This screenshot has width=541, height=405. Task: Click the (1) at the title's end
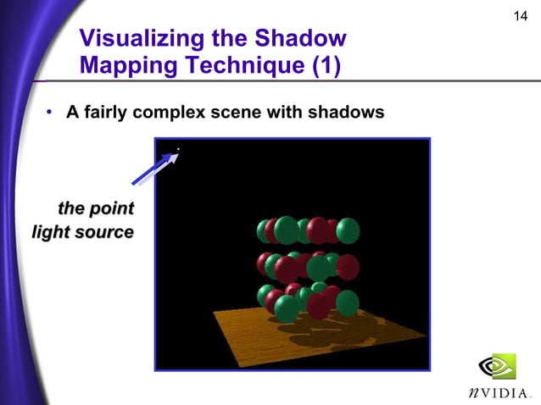319,66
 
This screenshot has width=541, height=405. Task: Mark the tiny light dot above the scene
178,149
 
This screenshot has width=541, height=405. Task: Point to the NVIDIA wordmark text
499,393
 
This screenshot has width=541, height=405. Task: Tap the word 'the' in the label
71,208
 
